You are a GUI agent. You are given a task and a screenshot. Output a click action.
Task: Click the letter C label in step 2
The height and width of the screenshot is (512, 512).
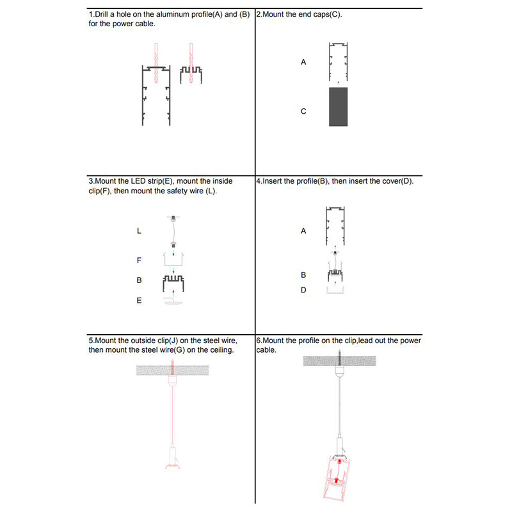point(303,111)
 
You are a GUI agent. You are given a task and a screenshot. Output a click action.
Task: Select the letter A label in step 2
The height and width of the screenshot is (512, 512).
point(303,63)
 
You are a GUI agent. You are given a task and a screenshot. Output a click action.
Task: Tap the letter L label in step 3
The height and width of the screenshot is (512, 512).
point(139,231)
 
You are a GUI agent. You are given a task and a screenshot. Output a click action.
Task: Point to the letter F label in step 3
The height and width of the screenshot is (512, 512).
point(139,260)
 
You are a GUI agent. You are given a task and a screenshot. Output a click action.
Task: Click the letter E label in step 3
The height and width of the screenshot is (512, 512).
point(139,300)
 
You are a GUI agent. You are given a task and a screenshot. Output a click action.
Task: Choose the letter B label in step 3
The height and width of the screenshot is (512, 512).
point(139,280)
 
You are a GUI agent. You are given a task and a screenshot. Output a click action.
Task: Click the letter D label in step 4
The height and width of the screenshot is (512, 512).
point(303,290)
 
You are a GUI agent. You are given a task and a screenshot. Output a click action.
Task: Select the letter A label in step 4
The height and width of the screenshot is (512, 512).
point(303,231)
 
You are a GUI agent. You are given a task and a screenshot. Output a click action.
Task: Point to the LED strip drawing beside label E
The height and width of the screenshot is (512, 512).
point(172,302)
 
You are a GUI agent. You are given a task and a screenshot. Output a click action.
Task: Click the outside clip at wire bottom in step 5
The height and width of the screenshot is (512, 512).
point(172,455)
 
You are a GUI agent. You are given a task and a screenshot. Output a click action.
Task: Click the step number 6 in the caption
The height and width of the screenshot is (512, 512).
point(258,341)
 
